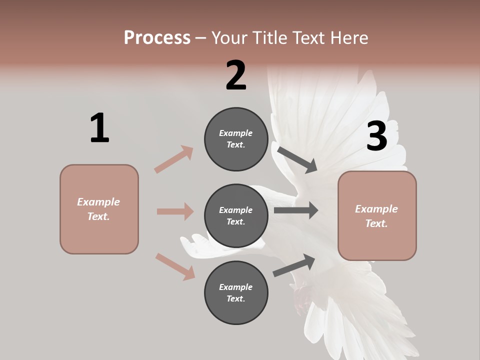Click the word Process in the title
(157, 38)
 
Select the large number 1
(99, 128)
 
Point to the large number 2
(236, 75)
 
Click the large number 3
(376, 136)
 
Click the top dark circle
(236, 139)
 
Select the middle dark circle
(236, 216)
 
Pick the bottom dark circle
(236, 293)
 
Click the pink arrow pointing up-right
(174, 159)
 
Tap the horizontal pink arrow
(175, 211)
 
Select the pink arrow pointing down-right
(175, 266)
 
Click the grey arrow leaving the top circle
(297, 159)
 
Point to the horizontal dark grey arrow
(296, 210)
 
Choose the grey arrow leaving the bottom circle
(294, 265)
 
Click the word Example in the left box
(98, 202)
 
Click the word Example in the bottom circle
(235, 287)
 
